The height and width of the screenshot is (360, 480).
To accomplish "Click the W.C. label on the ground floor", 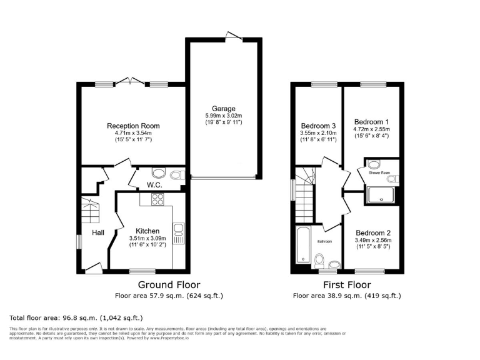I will [x=155, y=185].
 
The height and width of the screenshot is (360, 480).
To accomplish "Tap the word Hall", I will [x=99, y=232].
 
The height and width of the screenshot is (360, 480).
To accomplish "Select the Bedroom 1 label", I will [x=371, y=121].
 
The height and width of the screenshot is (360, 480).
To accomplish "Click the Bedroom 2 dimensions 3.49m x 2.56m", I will [x=373, y=239].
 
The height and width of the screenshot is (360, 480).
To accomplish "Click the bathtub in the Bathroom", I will [x=301, y=245].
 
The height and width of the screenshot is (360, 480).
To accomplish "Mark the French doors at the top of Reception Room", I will [x=131, y=81].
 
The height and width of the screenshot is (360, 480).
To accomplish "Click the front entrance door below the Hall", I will [x=94, y=269].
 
